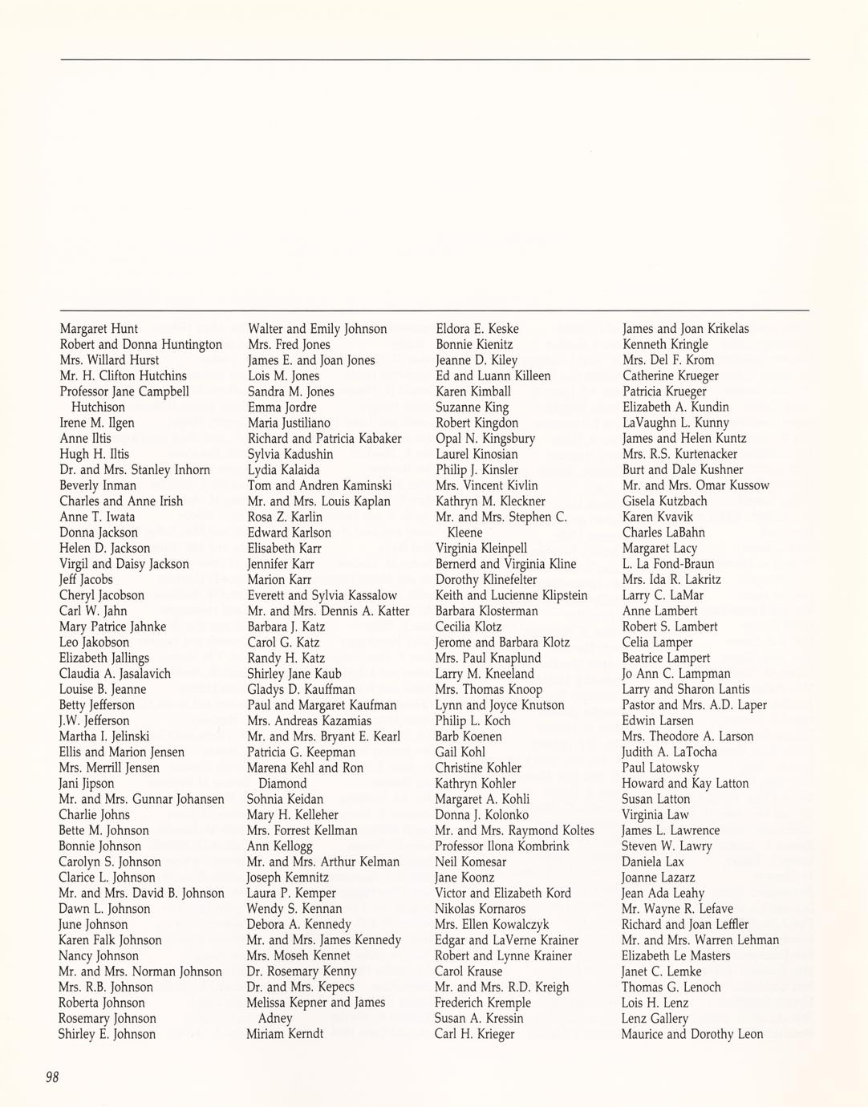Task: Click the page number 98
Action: (52, 1077)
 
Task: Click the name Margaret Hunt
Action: (99, 329)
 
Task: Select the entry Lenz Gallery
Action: (655, 1019)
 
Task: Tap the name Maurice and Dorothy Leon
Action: (692, 1035)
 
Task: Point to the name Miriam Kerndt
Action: (285, 1034)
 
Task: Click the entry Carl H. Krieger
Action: (474, 1034)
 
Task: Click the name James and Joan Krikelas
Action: (686, 329)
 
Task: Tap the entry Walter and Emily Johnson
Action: (318, 329)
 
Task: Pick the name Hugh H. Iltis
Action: (94, 454)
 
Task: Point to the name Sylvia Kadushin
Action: (290, 454)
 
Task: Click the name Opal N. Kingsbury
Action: (485, 439)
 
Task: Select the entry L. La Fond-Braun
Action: (667, 564)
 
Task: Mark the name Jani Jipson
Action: (87, 784)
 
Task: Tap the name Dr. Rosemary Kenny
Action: (302, 971)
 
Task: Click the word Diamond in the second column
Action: (282, 784)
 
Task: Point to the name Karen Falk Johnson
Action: (110, 940)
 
